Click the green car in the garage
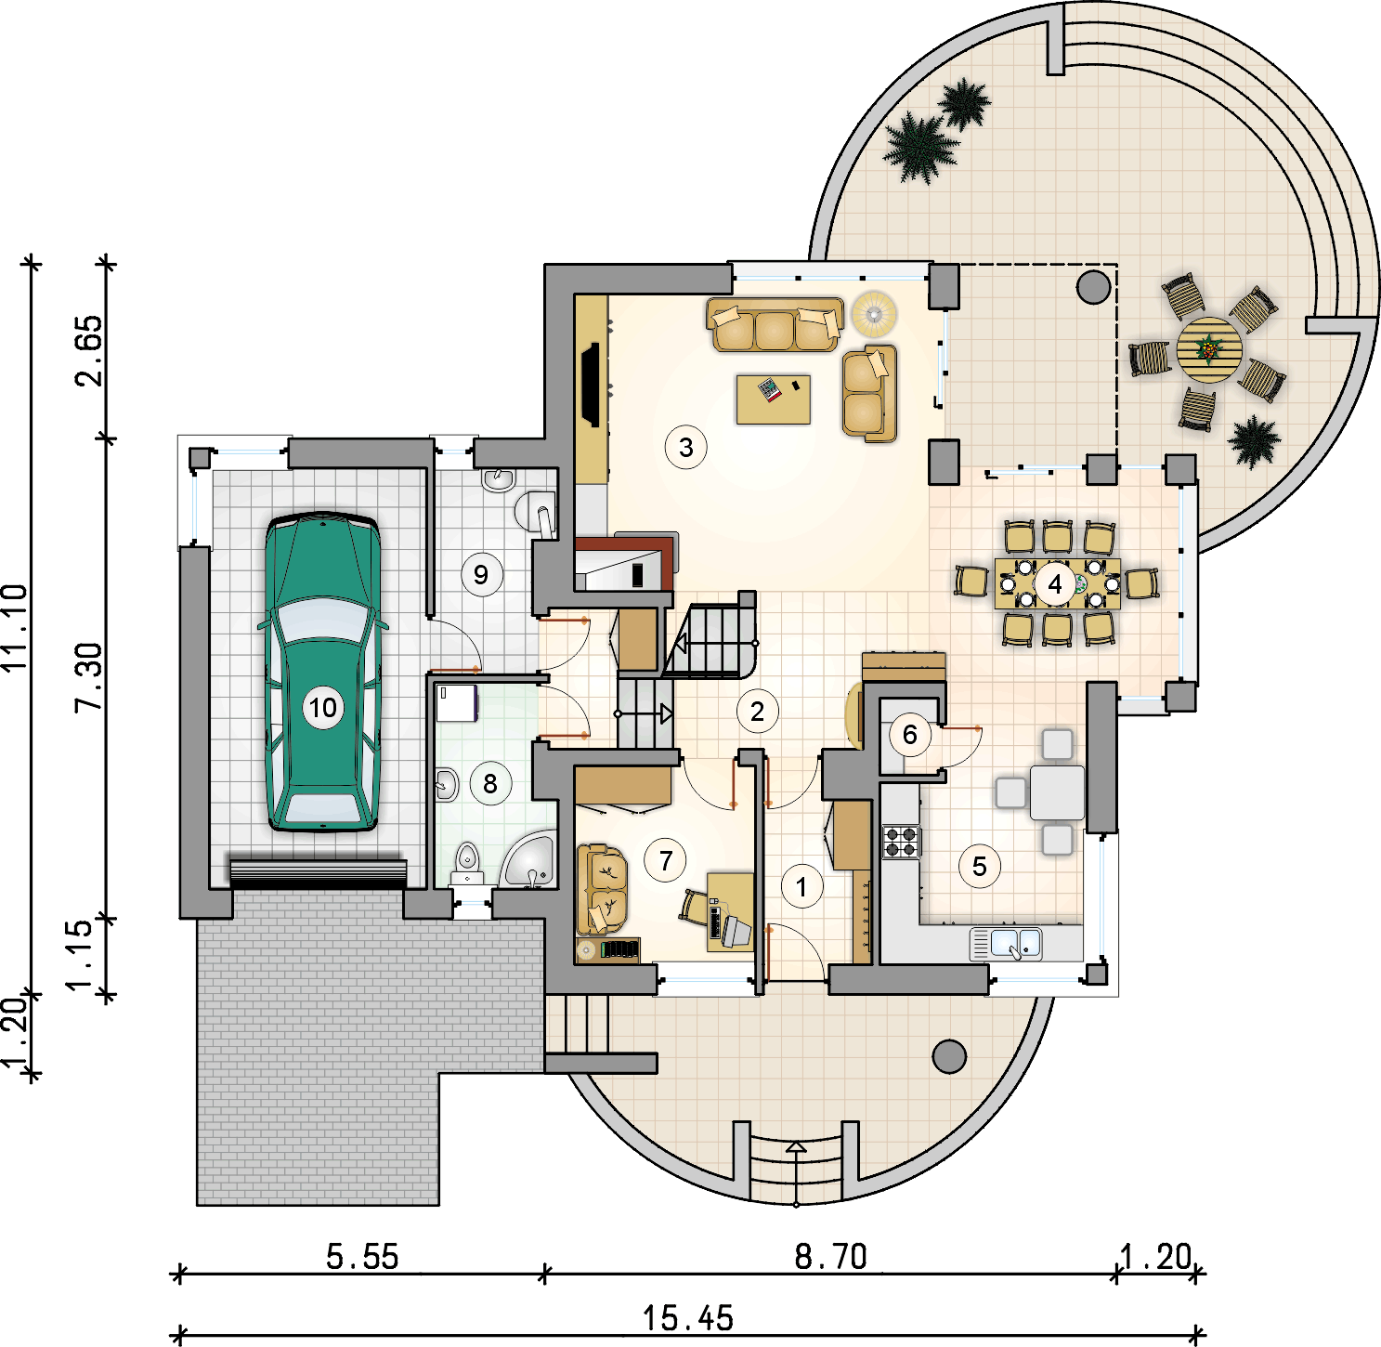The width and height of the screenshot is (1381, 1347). tap(322, 671)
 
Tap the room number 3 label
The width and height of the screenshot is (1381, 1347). tap(685, 447)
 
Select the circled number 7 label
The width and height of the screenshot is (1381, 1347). tap(665, 860)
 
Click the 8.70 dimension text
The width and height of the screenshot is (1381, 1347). tap(830, 1257)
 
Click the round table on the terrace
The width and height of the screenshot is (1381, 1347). tap(1208, 350)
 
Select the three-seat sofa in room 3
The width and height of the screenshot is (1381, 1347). tap(775, 325)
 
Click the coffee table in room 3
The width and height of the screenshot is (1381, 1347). tap(773, 399)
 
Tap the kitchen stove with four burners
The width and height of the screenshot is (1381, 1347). tap(901, 843)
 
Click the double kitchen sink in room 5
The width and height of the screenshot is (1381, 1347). tap(1006, 944)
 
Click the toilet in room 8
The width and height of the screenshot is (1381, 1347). tap(466, 863)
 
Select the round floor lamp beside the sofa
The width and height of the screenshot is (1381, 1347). tap(874, 313)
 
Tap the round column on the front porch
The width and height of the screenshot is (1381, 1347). tap(949, 1057)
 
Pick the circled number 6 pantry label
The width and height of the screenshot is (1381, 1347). tap(909, 735)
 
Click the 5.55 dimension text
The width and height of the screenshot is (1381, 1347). tap(362, 1257)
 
